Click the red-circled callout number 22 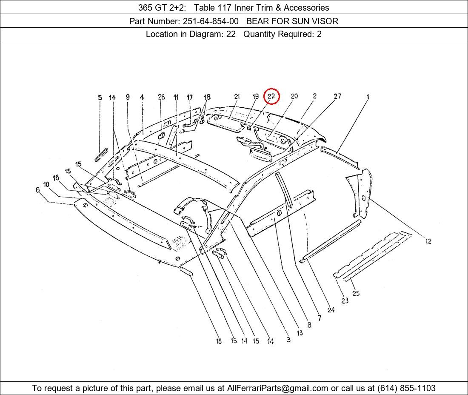(x=271, y=96)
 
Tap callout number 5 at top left (x=100, y=97)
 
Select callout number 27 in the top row (x=337, y=96)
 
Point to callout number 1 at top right (x=368, y=97)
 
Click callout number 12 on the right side (x=428, y=241)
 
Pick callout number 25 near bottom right (x=356, y=293)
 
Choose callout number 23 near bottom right (x=345, y=301)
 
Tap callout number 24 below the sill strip (x=331, y=310)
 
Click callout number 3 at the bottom (x=288, y=340)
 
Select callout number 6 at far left (x=37, y=190)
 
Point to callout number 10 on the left (x=46, y=184)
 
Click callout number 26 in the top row (x=161, y=97)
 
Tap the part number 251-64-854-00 (x=211, y=21)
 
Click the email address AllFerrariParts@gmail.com (x=277, y=388)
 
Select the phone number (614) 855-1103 (x=406, y=388)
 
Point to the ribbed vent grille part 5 (x=101, y=155)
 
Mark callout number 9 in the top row (x=128, y=97)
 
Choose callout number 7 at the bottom (x=320, y=318)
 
